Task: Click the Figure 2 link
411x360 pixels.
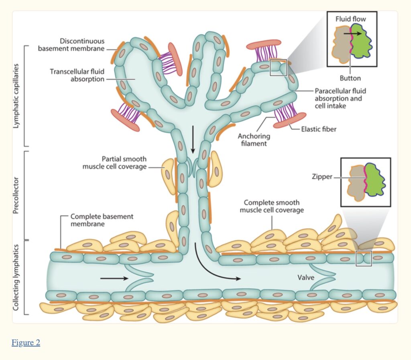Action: (26, 343)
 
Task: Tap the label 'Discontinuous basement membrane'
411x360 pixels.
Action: (71, 45)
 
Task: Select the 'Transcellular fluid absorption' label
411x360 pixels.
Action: (77, 75)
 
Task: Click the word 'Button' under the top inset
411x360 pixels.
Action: (350, 78)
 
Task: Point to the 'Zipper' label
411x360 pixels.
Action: (322, 177)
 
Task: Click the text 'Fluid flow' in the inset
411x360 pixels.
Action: (350, 19)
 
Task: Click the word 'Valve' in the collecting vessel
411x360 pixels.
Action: (305, 277)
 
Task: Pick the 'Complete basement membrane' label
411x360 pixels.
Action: (102, 220)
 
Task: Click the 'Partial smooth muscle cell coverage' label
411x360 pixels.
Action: (114, 163)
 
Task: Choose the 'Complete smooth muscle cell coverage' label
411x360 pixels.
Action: (272, 206)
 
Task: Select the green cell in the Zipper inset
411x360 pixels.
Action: (374, 180)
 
